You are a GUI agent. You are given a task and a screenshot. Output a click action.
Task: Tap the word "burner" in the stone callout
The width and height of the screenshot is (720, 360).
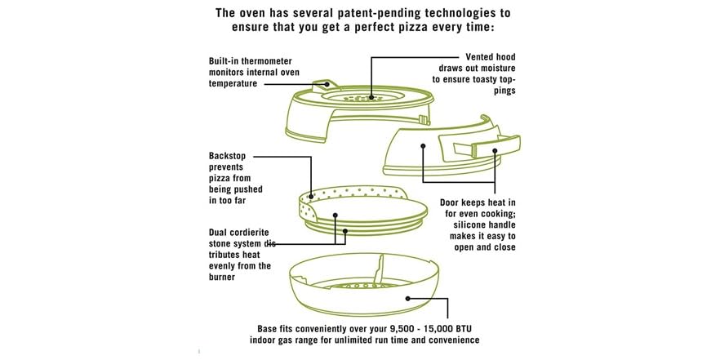pyautogui.click(x=221, y=278)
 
